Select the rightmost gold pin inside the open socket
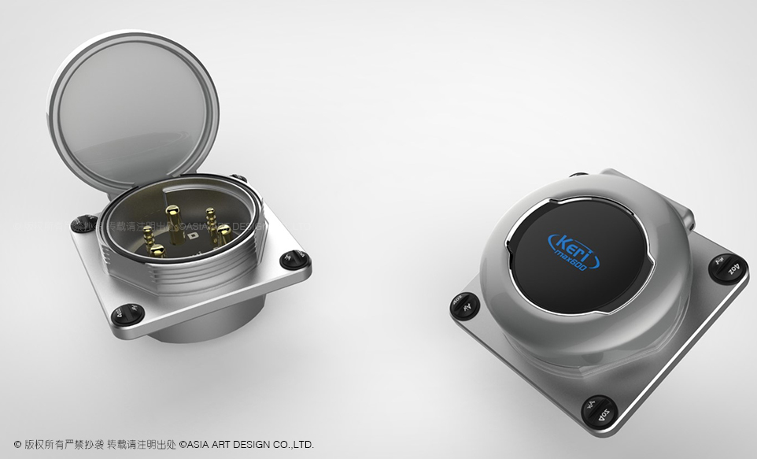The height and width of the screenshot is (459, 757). [224, 234]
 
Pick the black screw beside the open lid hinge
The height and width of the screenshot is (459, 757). [82, 224]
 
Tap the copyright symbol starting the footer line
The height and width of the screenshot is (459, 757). [17, 445]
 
